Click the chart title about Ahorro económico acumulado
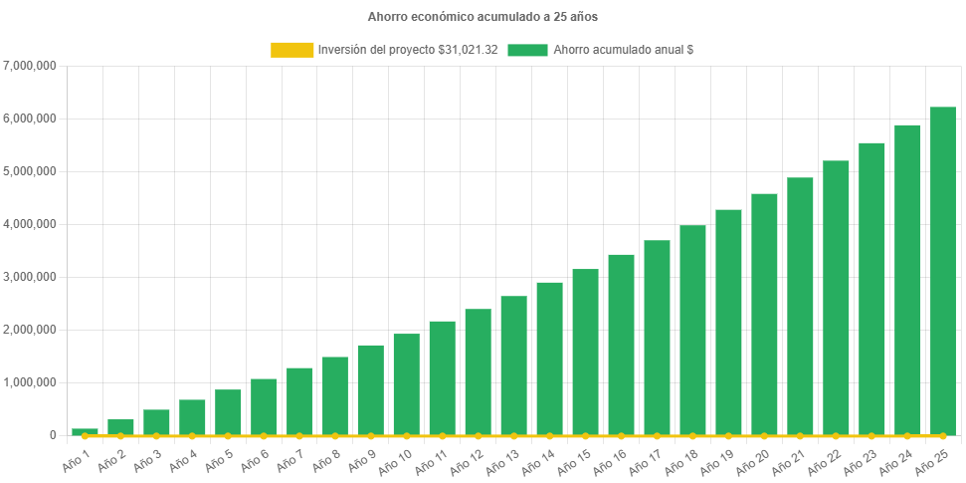click(x=483, y=17)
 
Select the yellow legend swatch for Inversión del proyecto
click(x=291, y=50)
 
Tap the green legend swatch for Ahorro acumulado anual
click(x=527, y=50)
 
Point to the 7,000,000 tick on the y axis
click(x=30, y=66)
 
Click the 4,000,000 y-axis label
click(x=30, y=224)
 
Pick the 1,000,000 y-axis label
click(x=30, y=382)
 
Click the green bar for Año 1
click(x=85, y=431)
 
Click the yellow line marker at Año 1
click(x=85, y=435)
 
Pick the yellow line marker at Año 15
click(x=585, y=435)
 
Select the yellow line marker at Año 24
click(x=907, y=435)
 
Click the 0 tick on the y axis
click(x=51, y=435)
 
